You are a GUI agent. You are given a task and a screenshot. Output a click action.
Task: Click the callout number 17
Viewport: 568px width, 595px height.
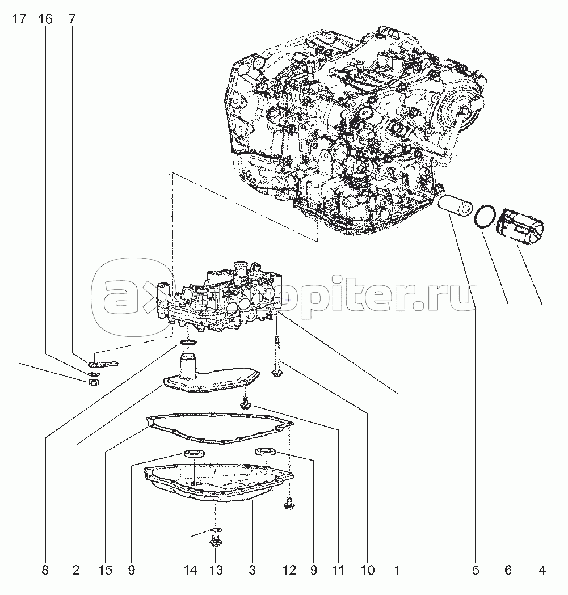pyautogui.click(x=20, y=19)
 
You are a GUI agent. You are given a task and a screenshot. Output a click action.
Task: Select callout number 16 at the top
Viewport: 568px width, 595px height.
pyautogui.click(x=45, y=19)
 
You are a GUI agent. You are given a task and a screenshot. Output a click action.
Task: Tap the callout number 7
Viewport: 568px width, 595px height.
pyautogui.click(x=72, y=19)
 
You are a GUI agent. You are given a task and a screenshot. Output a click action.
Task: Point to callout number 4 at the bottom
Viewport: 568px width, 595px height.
pyautogui.click(x=542, y=570)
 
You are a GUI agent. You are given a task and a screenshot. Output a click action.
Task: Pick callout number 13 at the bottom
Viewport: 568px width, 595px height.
pyautogui.click(x=216, y=570)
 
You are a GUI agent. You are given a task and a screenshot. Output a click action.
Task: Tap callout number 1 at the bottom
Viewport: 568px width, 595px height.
pyautogui.click(x=397, y=570)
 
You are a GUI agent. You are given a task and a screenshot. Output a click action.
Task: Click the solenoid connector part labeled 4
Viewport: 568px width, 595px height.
pyautogui.click(x=520, y=227)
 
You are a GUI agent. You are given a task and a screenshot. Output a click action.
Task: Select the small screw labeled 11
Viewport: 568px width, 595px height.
pyautogui.click(x=246, y=406)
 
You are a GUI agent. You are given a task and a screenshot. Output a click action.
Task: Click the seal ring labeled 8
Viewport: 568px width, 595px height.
pyautogui.click(x=188, y=343)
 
